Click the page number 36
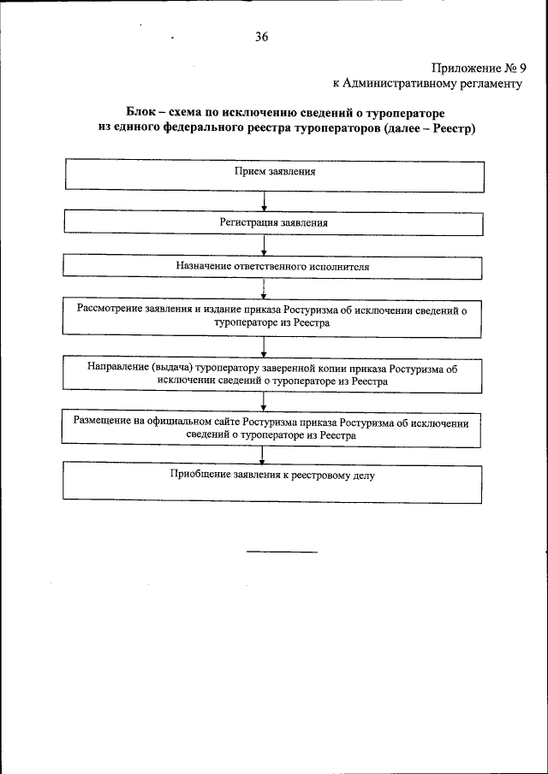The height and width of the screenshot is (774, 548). tap(262, 36)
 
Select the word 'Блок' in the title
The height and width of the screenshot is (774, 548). tap(143, 112)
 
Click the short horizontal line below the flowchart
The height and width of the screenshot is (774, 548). tap(282, 552)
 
